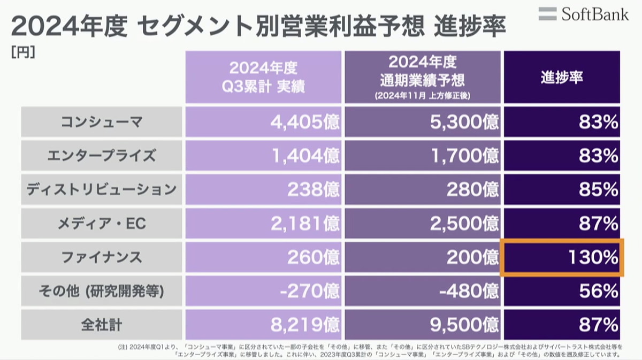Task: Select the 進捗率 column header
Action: (561, 77)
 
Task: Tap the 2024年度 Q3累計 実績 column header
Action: (263, 77)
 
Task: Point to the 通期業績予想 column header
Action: (422, 77)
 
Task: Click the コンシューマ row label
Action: (101, 122)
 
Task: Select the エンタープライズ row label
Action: (101, 156)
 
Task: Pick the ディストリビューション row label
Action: (101, 189)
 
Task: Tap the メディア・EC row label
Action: (101, 223)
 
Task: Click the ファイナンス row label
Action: (101, 257)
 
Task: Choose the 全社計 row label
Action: (101, 324)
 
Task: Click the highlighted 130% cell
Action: (562, 257)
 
